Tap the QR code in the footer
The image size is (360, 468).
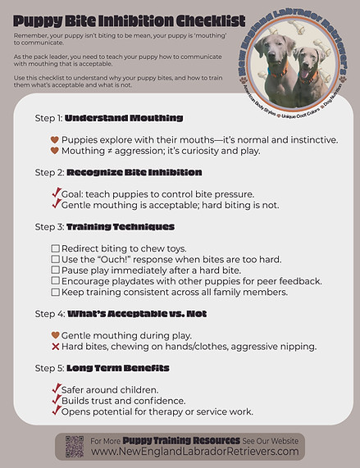tap(75, 447)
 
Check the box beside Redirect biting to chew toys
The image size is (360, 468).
tap(55, 248)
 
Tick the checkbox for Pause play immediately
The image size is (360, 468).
tap(55, 270)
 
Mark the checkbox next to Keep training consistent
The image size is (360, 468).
tap(55, 292)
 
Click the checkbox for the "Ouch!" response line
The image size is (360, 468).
tap(55, 259)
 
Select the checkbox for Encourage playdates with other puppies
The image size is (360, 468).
tap(55, 281)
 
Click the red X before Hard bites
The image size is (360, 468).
tap(55, 347)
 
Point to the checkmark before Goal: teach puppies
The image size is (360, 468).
tap(56, 193)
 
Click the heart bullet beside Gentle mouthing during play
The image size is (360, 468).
tap(55, 335)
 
